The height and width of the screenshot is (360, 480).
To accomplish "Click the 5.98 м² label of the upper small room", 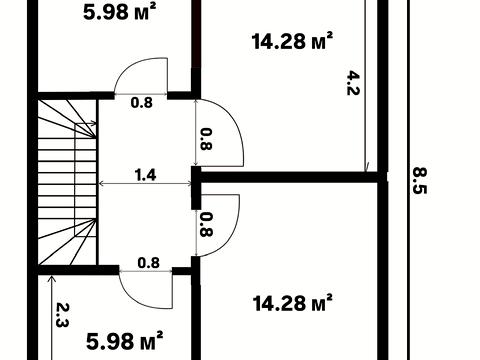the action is tap(120, 12).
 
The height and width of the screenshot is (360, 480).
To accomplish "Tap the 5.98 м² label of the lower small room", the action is tap(125, 341).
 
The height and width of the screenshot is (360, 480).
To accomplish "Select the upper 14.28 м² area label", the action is tap(292, 41).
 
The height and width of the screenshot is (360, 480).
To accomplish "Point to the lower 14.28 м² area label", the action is tap(292, 303).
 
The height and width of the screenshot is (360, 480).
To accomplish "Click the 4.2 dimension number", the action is tap(353, 83).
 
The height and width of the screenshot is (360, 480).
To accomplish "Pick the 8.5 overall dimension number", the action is tap(420, 180).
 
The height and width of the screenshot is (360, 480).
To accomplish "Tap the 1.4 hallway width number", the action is tap(145, 175).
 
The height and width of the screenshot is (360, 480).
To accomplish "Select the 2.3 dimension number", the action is tap(62, 315).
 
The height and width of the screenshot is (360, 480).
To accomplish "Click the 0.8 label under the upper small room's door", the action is tap(142, 103).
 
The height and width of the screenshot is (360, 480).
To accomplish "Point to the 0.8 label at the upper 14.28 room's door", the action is tap(206, 139).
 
